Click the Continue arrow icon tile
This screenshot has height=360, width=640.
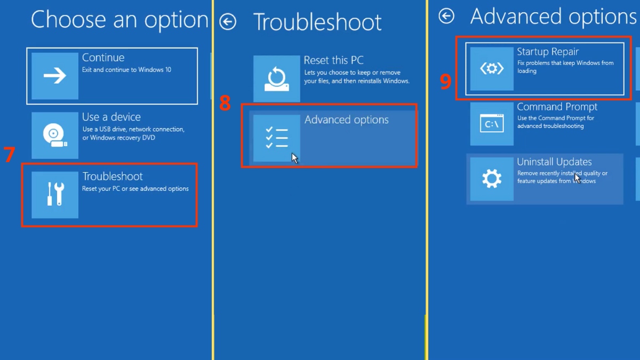(55, 76)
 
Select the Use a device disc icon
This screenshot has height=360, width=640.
(55, 135)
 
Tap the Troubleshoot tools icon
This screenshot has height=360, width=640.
(55, 195)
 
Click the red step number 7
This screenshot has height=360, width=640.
(9, 155)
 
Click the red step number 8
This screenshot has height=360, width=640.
(225, 103)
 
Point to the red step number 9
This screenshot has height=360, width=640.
(445, 81)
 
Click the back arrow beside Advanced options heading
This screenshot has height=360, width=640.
(446, 17)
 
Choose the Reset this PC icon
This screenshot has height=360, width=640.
(276, 79)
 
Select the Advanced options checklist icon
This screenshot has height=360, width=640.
(276, 138)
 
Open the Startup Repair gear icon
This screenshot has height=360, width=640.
(492, 68)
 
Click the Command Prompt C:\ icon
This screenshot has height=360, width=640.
(492, 124)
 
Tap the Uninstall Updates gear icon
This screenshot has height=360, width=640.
(492, 179)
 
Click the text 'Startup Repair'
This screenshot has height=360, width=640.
(548, 52)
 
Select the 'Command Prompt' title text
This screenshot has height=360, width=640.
(557, 107)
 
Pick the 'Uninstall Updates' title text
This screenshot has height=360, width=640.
(554, 162)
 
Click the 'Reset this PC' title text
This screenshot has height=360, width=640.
(333, 61)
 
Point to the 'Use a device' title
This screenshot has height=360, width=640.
(111, 117)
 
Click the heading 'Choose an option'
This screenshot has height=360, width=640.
(119, 20)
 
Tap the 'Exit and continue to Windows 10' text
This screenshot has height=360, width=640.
(126, 70)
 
